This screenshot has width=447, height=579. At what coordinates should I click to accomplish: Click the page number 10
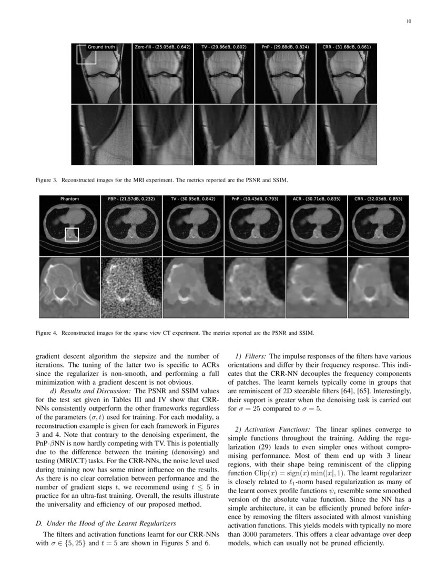[409, 22]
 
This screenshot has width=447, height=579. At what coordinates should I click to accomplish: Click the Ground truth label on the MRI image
[101, 47]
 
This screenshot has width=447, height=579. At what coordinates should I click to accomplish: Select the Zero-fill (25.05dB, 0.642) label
[162, 47]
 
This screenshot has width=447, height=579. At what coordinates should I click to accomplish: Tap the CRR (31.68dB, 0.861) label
[347, 47]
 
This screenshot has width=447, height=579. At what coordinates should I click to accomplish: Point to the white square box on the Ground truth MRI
[86, 55]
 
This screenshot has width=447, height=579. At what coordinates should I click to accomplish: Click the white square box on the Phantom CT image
[72, 235]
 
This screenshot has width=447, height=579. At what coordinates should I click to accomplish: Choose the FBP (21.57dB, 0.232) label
[131, 199]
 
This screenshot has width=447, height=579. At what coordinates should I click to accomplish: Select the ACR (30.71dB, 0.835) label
[317, 199]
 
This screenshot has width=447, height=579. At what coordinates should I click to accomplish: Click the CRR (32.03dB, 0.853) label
[379, 199]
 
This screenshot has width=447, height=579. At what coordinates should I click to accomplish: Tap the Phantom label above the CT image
[69, 199]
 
